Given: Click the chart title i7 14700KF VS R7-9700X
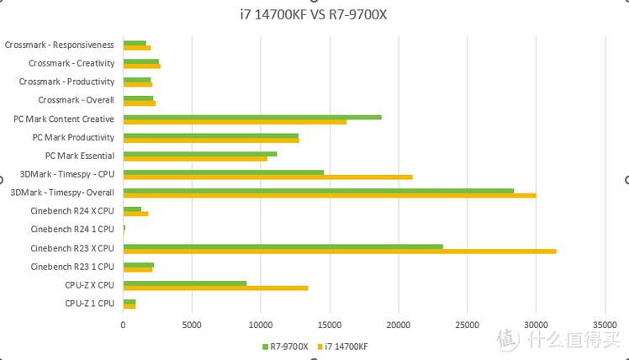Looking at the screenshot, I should click(314, 14).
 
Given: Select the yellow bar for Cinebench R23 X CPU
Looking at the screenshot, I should click(340, 251).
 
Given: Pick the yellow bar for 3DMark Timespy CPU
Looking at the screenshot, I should click(267, 177).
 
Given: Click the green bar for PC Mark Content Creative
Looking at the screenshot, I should click(252, 117).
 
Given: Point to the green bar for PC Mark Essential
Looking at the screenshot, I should click(200, 153).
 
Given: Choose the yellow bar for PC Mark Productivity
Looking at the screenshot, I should click(211, 140).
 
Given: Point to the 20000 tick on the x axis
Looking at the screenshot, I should click(399, 324).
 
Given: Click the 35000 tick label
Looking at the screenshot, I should click(605, 324).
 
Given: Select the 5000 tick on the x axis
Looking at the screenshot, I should click(192, 324).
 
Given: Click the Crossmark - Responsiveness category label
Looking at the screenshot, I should click(59, 45).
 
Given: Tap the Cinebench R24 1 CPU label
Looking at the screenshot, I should click(72, 229).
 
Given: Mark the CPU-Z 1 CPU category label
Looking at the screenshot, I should click(89, 303).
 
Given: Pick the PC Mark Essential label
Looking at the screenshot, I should click(80, 156).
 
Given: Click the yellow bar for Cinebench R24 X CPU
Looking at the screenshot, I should click(135, 214).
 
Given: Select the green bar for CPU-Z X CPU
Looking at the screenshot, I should click(185, 283).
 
